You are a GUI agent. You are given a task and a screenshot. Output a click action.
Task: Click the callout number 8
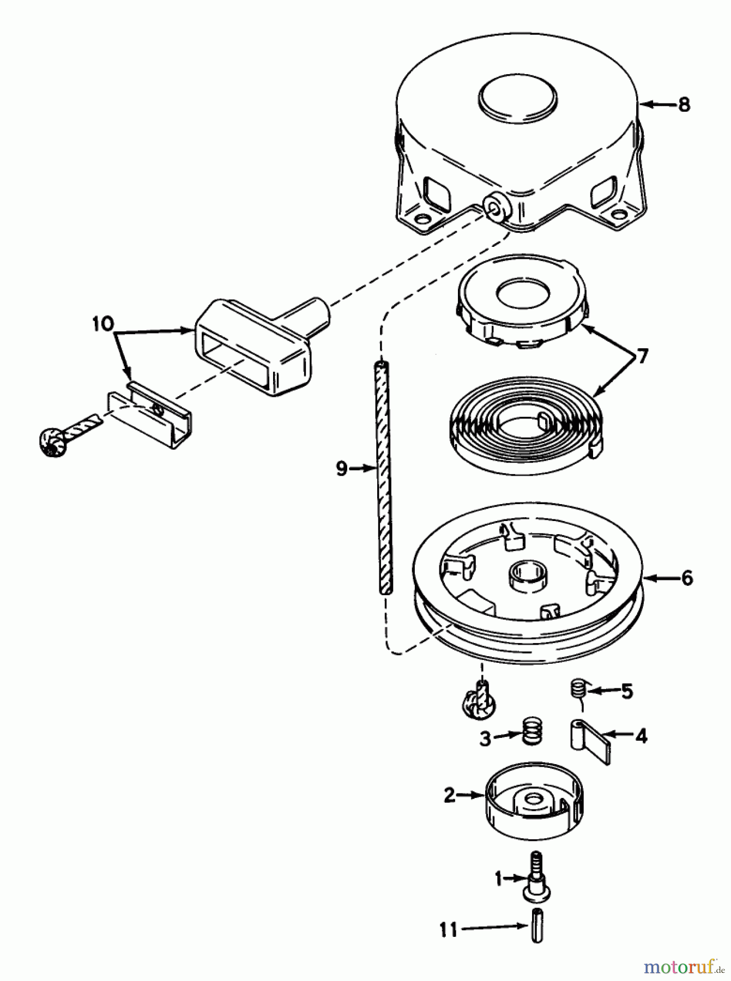click(x=684, y=105)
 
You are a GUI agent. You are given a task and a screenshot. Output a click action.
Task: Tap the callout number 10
click(x=102, y=324)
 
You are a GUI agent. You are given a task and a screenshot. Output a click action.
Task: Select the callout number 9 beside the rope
click(x=341, y=468)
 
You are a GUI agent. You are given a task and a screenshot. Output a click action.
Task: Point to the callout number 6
click(x=687, y=578)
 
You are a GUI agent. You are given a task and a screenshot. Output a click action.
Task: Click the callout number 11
click(x=448, y=929)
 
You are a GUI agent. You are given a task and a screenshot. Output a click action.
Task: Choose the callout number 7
click(x=643, y=357)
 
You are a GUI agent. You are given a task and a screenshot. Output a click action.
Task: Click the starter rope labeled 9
click(x=385, y=480)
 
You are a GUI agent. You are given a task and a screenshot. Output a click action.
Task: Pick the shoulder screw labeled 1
click(x=536, y=877)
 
